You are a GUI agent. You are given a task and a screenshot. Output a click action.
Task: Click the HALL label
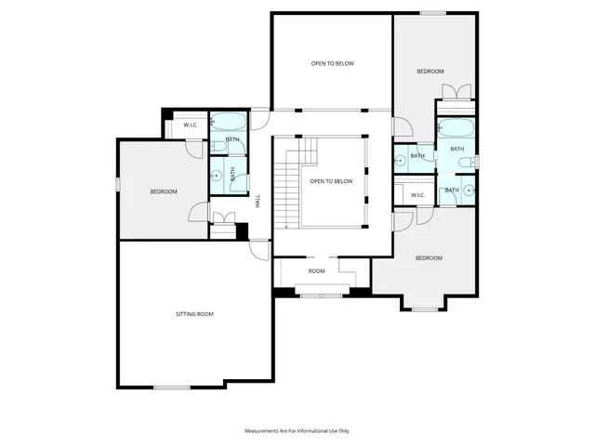[x=258, y=200]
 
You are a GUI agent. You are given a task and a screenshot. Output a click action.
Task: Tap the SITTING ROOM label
[x=194, y=314]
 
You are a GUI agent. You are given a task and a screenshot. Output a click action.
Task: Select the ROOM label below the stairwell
[x=317, y=271]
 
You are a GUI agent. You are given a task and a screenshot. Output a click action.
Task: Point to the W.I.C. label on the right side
[x=416, y=194]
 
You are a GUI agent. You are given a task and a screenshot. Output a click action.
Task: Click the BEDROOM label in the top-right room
[x=430, y=72]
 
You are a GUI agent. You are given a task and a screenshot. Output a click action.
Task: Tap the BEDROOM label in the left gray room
[x=164, y=191]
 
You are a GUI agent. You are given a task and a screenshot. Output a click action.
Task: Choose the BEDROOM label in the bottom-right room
[x=429, y=257]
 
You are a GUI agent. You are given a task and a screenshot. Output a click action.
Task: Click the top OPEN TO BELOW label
[x=332, y=63]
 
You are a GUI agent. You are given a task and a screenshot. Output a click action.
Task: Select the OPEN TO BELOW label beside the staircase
[x=332, y=181]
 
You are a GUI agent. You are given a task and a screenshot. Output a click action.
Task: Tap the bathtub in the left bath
[x=227, y=122]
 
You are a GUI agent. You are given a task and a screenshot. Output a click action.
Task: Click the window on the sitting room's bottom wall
[x=172, y=387]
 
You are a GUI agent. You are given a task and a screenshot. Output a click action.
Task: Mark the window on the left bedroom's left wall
[x=117, y=186]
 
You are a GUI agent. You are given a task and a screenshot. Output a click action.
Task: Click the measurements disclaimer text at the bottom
[x=297, y=431]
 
